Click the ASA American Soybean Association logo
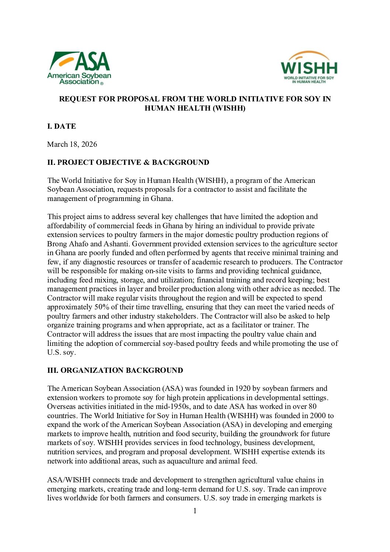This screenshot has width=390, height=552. pos(79,68)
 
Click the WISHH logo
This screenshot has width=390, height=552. pos(309,67)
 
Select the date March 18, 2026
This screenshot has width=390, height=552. pos(72,144)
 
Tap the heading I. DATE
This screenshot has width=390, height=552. pos(62,126)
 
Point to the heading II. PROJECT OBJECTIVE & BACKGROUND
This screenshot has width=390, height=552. pos(128,162)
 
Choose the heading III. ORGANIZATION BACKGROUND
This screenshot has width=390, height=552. pos(115,370)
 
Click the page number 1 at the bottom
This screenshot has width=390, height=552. pos(195,511)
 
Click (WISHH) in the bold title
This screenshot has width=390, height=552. pos(227,108)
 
